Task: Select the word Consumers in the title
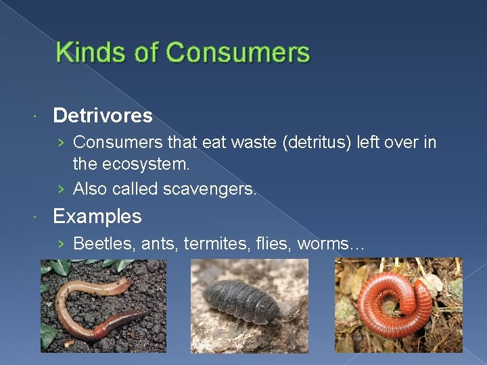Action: point(237,53)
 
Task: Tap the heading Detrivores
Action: point(103,116)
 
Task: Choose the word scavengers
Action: point(210,189)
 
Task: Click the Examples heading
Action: point(97,216)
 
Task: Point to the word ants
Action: point(156,243)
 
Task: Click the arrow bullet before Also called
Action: point(62,189)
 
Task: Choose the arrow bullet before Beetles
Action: point(62,243)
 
